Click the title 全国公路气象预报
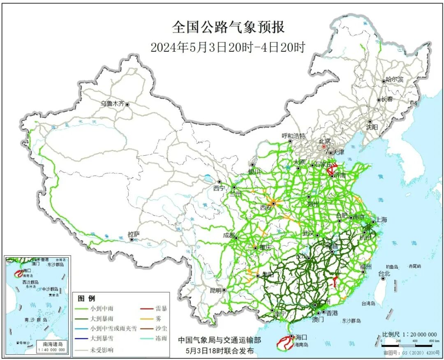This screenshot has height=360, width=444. (228, 27)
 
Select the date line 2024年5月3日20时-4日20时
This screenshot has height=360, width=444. (228, 47)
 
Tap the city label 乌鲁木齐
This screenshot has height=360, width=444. (113, 104)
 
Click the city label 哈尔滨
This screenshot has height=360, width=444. (395, 80)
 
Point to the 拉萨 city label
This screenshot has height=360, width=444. (134, 234)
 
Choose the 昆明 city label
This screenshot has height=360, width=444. (215, 290)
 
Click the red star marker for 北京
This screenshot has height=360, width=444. (324, 146)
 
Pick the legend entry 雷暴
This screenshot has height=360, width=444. (161, 308)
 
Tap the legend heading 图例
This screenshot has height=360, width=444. (86, 298)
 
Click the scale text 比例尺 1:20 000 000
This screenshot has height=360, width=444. (408, 335)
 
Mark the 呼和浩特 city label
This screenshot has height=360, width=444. (294, 136)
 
